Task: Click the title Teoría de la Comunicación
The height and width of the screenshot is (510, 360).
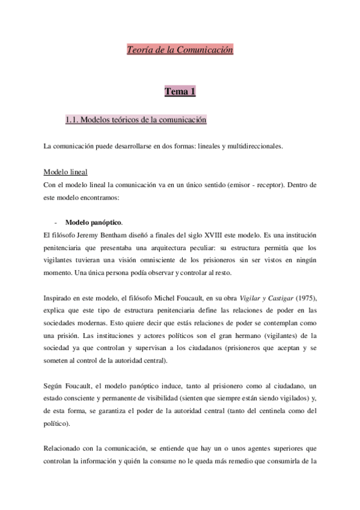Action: (x=180, y=50)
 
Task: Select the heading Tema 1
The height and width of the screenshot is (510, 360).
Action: (x=180, y=91)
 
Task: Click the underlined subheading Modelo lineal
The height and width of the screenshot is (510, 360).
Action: (x=66, y=172)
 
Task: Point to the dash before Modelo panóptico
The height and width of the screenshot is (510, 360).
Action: (x=55, y=221)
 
